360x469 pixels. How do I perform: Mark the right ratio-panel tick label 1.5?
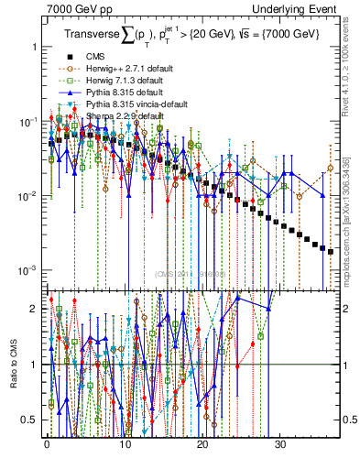point(352,336)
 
